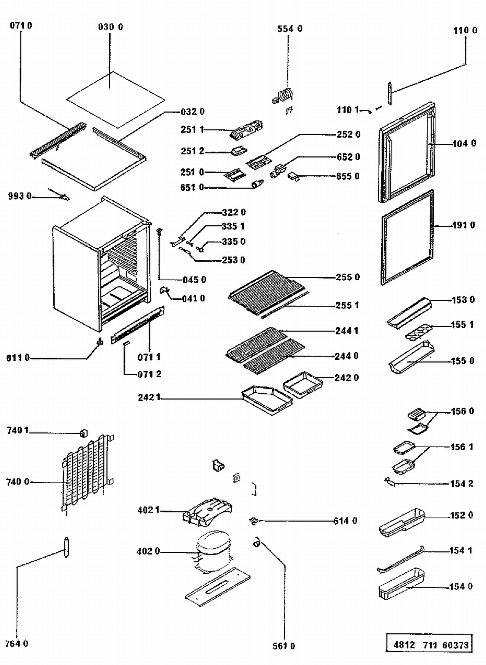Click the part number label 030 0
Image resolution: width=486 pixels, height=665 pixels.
point(110,27)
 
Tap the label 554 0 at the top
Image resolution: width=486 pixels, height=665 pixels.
point(290,29)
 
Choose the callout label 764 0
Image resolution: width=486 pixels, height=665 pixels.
point(17,644)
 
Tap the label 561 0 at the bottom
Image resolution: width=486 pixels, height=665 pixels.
point(284,646)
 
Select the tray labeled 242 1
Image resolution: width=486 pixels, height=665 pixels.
point(267,400)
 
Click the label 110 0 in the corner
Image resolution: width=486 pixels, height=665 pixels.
point(465,31)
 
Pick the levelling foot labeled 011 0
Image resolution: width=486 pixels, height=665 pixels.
point(100,341)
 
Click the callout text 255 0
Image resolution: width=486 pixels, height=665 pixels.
point(348,277)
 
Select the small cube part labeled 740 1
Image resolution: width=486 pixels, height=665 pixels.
point(84,433)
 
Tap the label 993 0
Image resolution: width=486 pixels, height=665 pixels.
point(20,196)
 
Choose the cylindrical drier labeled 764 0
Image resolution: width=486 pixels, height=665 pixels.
point(67,547)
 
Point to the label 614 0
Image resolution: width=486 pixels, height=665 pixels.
point(345,521)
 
